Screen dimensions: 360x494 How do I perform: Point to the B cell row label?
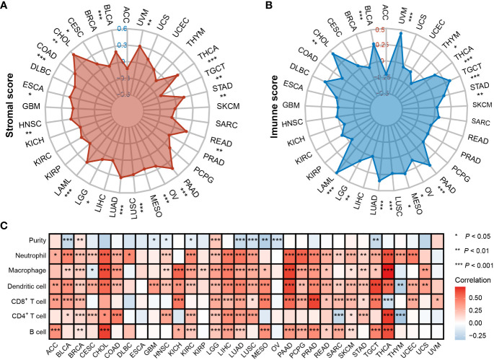tap(35, 332)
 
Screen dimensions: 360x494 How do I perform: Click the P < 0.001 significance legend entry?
tap(468, 266)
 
